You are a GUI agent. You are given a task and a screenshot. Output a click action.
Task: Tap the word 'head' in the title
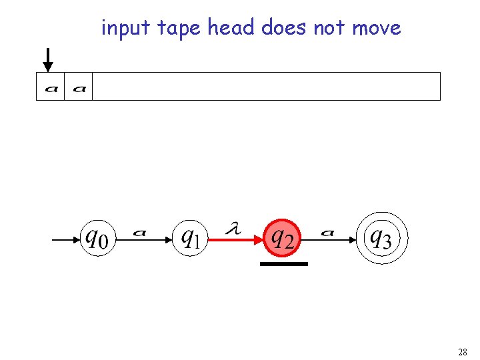(x=231, y=28)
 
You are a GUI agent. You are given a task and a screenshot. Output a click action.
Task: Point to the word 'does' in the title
(x=284, y=28)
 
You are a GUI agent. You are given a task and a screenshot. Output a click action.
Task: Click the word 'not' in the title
(x=329, y=28)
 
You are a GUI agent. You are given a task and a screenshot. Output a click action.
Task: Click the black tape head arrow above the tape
(x=47, y=60)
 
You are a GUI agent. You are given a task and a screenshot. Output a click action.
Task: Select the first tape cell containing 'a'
(x=51, y=87)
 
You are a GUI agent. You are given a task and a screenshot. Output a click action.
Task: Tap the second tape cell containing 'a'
(x=79, y=87)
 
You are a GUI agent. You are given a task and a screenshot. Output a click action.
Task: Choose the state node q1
(x=191, y=237)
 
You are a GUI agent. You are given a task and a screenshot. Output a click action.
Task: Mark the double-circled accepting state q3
(x=381, y=237)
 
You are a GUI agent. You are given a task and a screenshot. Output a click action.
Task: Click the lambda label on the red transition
(x=233, y=229)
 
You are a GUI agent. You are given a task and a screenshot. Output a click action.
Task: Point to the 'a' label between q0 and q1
(x=140, y=232)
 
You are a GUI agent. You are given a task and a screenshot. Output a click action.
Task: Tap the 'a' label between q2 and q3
(x=327, y=232)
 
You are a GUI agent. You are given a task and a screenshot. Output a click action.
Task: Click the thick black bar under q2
(x=284, y=264)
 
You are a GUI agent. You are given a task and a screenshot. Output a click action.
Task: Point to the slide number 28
(x=462, y=351)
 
